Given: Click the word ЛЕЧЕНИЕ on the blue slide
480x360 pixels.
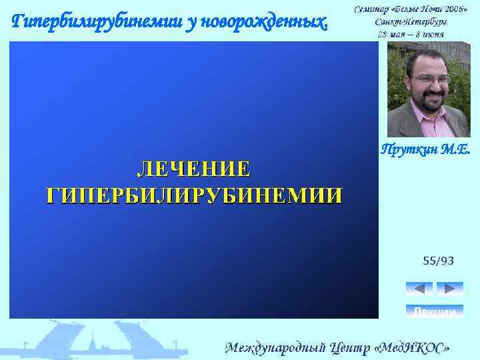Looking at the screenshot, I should pos(194,169).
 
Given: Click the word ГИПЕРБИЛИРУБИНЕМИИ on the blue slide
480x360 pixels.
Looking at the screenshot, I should pos(194,195).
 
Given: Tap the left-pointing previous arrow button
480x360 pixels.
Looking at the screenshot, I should pos(419,288).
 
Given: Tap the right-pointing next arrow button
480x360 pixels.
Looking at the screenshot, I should pos(449,288).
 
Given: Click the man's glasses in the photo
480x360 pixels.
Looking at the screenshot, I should pos(431,79).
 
